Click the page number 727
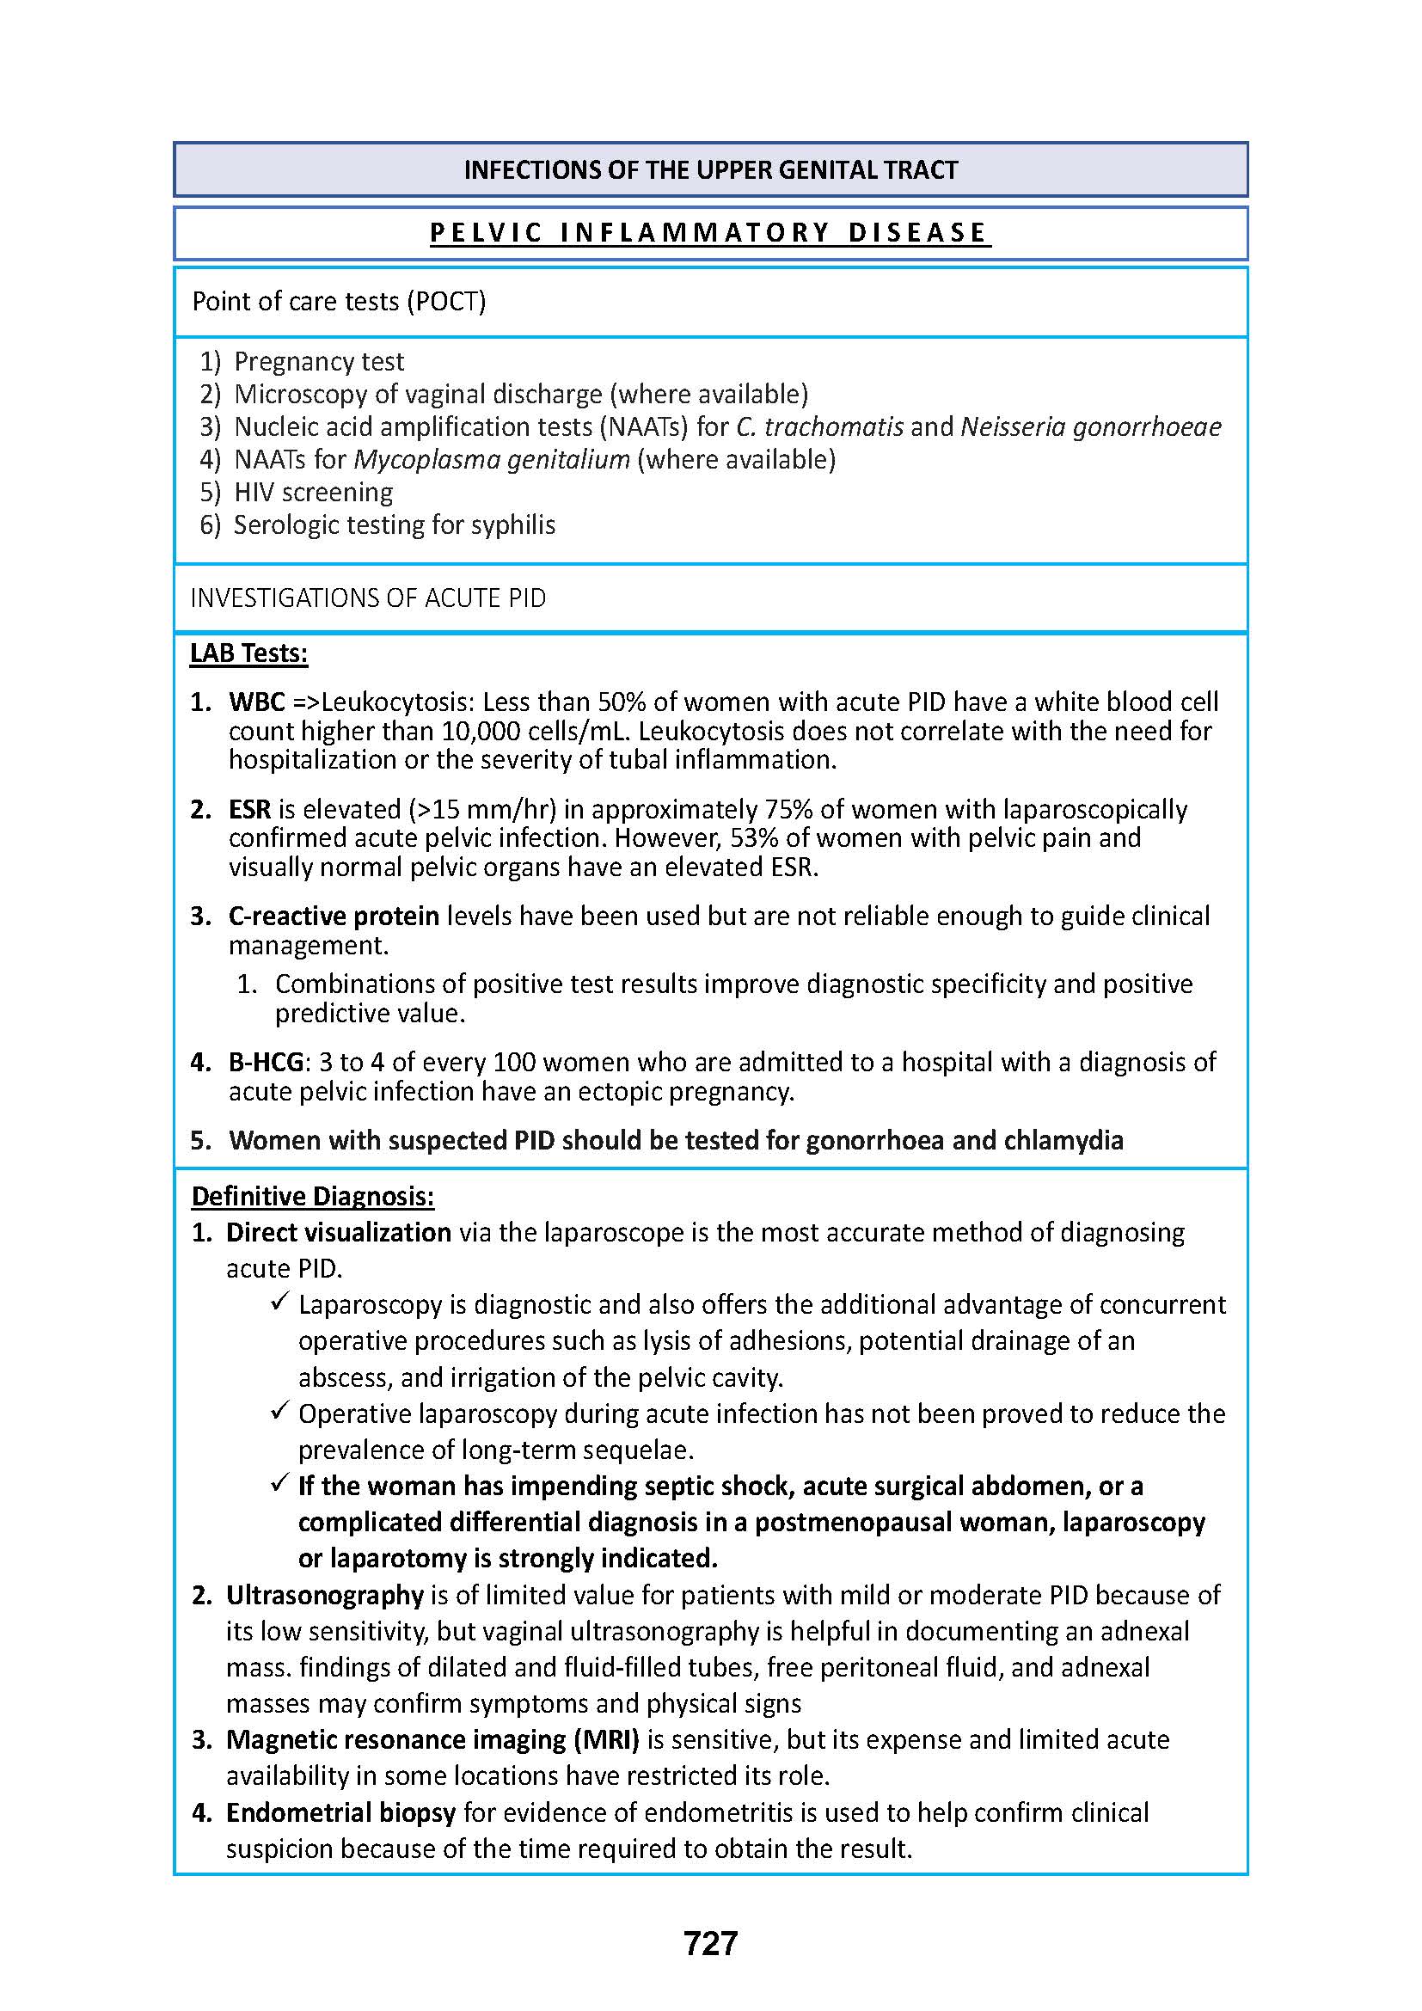click(710, 1943)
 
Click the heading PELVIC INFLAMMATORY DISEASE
click(710, 233)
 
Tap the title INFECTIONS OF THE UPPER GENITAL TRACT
click(710, 170)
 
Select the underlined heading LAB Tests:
click(248, 653)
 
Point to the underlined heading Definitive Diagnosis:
click(313, 1197)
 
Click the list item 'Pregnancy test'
click(319, 362)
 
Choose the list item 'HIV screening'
click(314, 493)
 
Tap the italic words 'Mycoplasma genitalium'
click(491, 460)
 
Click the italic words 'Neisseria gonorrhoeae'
click(1091, 427)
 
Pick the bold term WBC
click(256, 702)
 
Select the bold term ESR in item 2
click(249, 809)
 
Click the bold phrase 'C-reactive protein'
click(334, 917)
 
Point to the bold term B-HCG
click(266, 1063)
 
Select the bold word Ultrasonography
click(325, 1595)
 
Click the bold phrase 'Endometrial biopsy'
click(340, 1812)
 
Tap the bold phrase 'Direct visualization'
click(338, 1232)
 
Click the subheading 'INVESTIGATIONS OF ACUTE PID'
click(368, 598)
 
